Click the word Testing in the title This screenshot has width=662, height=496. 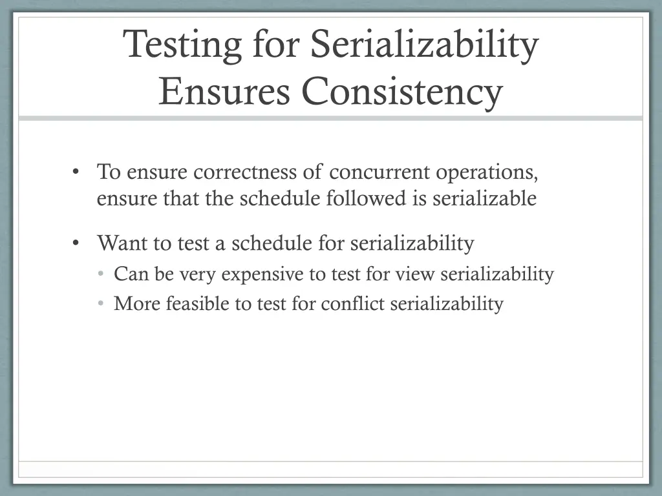(x=183, y=46)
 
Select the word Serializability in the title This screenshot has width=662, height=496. (x=424, y=46)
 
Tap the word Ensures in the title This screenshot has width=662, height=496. (x=224, y=92)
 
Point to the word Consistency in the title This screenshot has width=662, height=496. (x=401, y=92)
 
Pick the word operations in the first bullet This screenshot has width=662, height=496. (x=487, y=172)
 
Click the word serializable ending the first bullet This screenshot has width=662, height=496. (x=484, y=198)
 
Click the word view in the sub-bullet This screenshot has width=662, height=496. (x=416, y=274)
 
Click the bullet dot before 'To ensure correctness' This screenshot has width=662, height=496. (x=76, y=172)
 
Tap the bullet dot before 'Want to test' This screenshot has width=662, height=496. (x=76, y=243)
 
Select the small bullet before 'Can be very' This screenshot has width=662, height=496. (x=101, y=274)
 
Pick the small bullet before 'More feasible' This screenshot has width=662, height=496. (x=101, y=304)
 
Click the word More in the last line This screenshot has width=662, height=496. (x=137, y=304)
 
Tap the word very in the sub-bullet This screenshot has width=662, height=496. (x=198, y=274)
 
